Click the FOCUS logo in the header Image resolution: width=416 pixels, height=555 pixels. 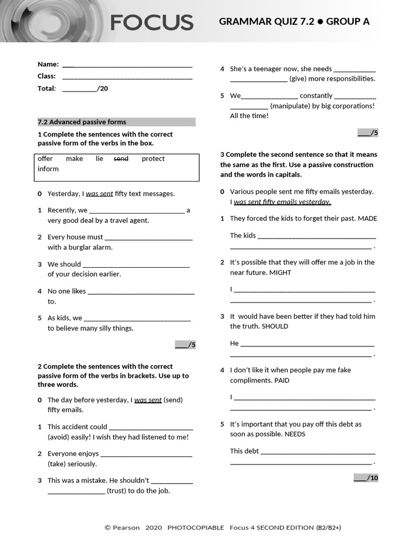tap(152, 22)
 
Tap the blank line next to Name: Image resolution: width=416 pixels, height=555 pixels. tap(127, 66)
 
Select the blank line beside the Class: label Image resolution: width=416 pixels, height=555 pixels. tap(127, 78)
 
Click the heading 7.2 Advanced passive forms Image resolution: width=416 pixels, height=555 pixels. tap(82, 122)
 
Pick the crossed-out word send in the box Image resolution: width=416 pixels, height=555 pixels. tap(121, 159)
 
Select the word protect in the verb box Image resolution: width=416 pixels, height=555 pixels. tap(153, 159)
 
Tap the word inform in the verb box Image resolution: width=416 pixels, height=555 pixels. tap(48, 169)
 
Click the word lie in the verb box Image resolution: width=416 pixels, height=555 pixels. tap(99, 159)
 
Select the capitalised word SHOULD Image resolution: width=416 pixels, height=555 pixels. tap(275, 326)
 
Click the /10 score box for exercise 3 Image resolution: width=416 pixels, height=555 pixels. tap(366, 477)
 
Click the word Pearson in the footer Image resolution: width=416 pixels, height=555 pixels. tap(126, 527)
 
